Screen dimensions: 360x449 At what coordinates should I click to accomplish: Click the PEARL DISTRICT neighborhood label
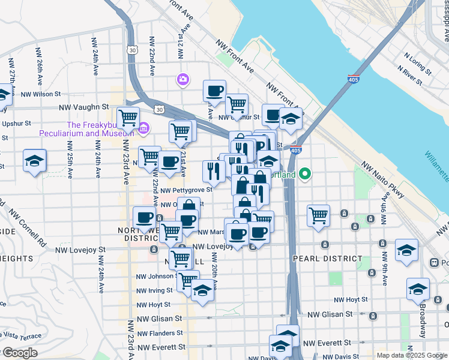point(328,259)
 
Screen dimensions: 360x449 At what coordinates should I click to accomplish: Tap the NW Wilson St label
point(41,94)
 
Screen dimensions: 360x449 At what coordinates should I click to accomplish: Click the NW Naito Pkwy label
point(382,180)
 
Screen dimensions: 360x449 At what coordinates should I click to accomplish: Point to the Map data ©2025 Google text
point(411,355)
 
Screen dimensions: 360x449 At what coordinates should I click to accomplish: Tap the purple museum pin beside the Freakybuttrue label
point(143,128)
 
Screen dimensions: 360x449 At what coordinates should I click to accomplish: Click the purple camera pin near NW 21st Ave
point(182,79)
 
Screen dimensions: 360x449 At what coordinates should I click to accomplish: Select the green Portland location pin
point(304,175)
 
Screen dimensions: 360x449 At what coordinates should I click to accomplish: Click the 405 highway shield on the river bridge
point(354,79)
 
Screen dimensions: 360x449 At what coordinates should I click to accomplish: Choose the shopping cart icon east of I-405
point(318,215)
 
